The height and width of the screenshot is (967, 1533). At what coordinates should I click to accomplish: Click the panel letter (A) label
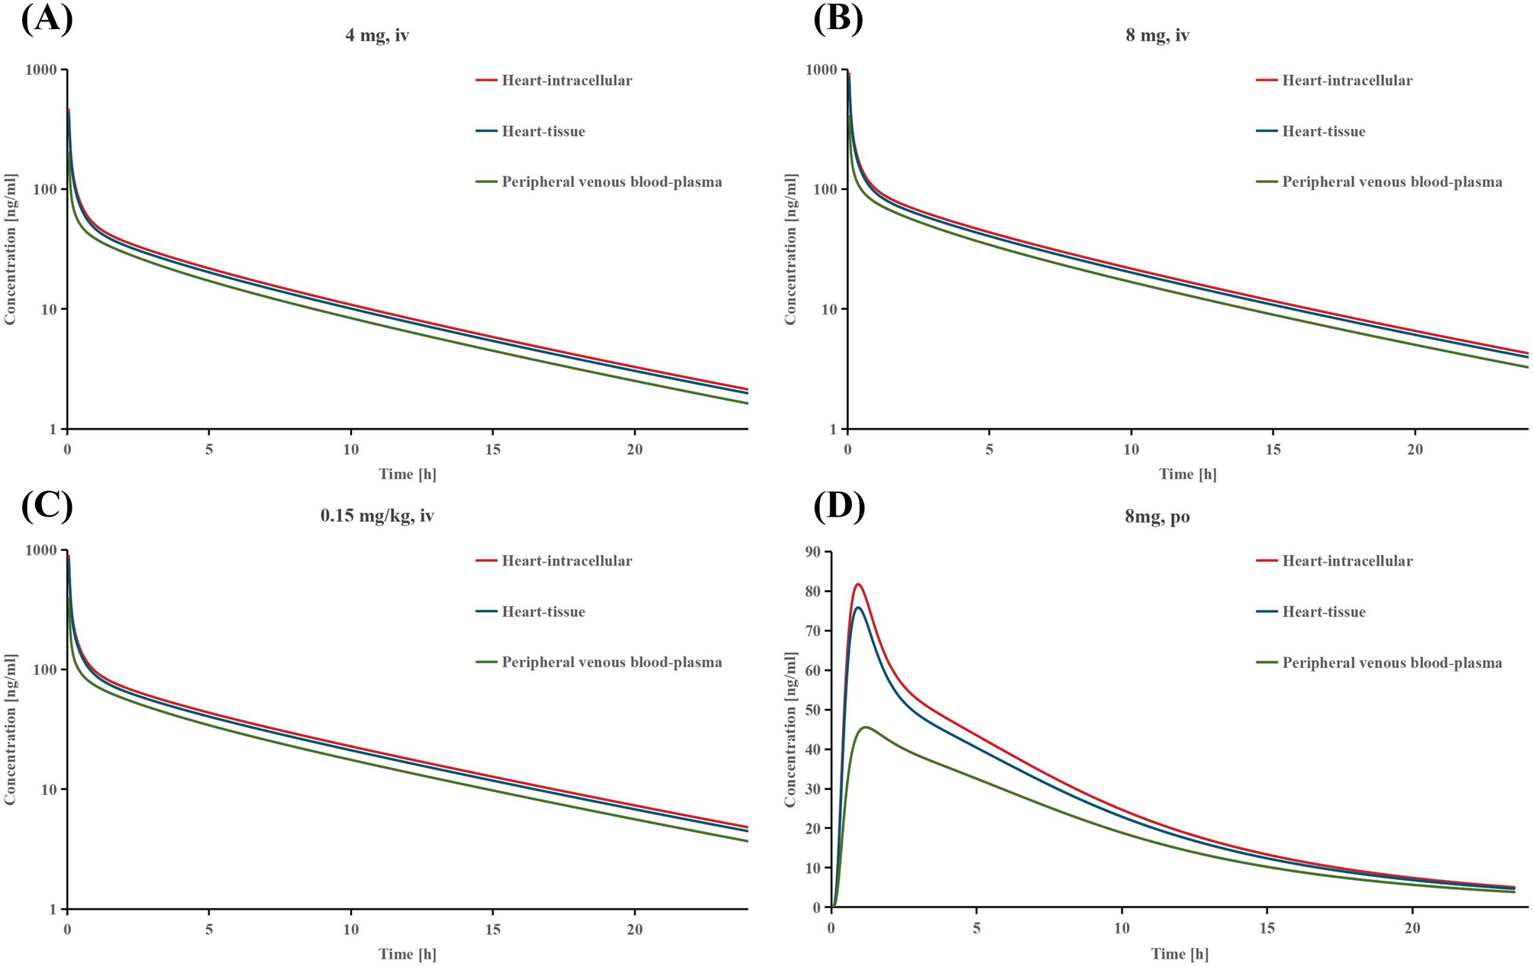coord(47,20)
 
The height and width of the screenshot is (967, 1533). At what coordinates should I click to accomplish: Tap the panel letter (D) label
coord(838,507)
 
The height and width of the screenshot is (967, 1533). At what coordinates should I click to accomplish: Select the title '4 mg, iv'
coord(377,35)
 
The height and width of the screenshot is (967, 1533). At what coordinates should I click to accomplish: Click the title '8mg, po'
coord(1157,517)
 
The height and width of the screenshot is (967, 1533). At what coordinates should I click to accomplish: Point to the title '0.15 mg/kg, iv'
coord(377,516)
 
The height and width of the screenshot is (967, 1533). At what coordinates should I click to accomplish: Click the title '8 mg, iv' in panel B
coord(1157,35)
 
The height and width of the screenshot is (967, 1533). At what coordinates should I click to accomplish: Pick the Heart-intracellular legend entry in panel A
coord(566,80)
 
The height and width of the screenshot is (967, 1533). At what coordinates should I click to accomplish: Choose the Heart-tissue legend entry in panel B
coord(1323,131)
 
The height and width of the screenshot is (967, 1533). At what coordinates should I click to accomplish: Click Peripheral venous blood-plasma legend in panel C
coord(611,662)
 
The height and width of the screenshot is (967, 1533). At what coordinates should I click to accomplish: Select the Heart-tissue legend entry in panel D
coord(1323,612)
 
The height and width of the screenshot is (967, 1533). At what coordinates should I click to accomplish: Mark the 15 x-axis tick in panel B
coord(1273,450)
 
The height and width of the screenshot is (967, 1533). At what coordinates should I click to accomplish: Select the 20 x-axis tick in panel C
coord(634,930)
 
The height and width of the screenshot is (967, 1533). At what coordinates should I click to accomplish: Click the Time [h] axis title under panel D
coord(1180,954)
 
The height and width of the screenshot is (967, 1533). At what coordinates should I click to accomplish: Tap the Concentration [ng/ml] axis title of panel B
coord(790,249)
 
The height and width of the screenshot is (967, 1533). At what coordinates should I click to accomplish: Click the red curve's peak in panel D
coord(858,585)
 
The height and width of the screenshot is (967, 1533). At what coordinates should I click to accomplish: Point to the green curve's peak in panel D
coord(866,727)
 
